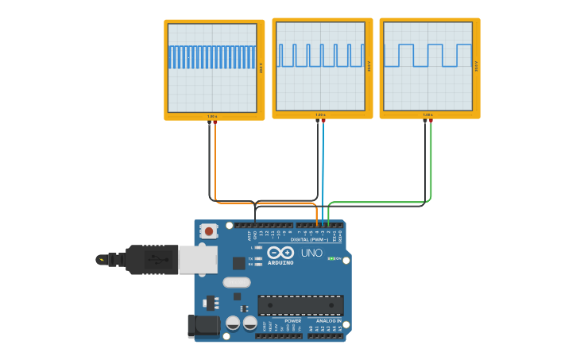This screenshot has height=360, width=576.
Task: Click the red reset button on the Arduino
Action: [209, 231]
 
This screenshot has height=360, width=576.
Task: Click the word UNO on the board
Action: [311, 253]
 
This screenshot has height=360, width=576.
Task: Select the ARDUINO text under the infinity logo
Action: [280, 262]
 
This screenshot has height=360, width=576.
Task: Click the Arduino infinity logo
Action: [280, 253]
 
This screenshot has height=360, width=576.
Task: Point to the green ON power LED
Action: [331, 258]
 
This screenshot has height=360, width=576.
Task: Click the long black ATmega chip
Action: [300, 305]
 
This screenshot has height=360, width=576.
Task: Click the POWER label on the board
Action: [293, 321]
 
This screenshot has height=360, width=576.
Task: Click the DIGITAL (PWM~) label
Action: [309, 239]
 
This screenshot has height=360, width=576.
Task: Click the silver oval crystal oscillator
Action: [237, 282]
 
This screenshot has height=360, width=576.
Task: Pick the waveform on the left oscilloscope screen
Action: [212, 56]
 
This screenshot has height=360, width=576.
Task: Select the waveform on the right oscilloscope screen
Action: [428, 55]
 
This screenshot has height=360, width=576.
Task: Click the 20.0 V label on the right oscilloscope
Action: [477, 67]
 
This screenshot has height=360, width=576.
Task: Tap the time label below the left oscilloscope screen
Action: [212, 116]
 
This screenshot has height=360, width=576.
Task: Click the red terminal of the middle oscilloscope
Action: [323, 122]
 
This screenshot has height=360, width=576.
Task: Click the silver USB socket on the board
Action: [197, 259]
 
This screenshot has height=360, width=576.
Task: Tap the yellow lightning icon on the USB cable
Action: [102, 259]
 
